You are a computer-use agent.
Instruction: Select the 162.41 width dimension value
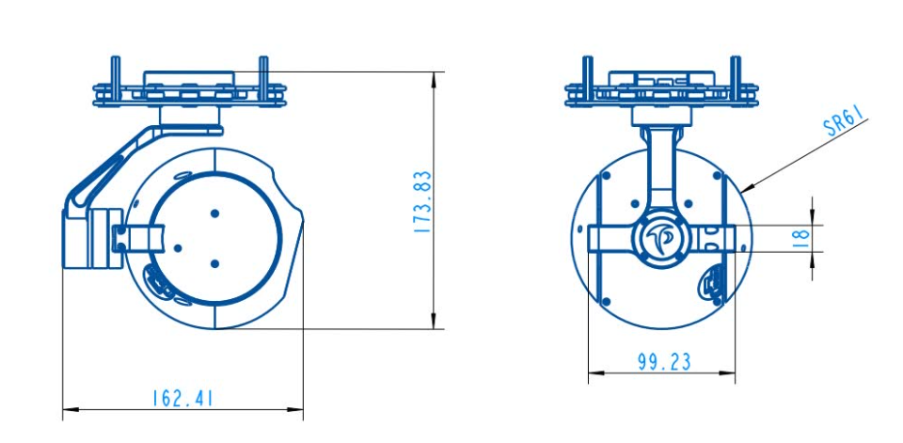[x=182, y=398]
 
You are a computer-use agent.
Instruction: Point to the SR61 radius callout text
[x=844, y=124]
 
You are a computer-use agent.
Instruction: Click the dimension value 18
[x=801, y=238]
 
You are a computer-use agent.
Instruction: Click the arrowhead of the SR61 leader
[x=743, y=191]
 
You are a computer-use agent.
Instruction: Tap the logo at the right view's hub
[x=662, y=238]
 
